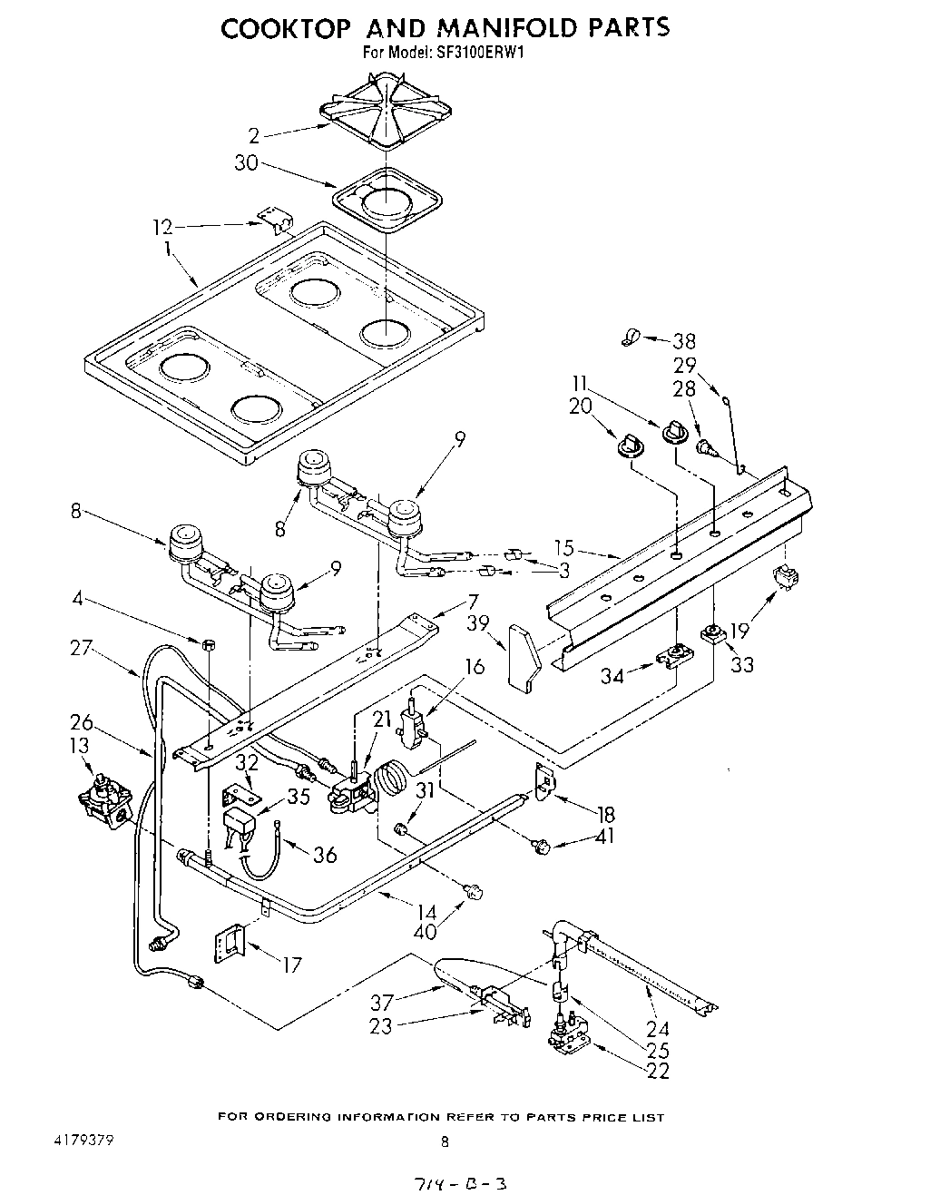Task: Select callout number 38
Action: pyautogui.click(x=685, y=341)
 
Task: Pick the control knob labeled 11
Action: pyautogui.click(x=674, y=432)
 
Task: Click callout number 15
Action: pyautogui.click(x=564, y=547)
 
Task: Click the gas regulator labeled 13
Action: pyautogui.click(x=105, y=803)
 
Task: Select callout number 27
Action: pyautogui.click(x=82, y=648)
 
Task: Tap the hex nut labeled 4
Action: pyautogui.click(x=209, y=645)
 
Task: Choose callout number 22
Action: pyautogui.click(x=659, y=1072)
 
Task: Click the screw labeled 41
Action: pyautogui.click(x=543, y=847)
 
